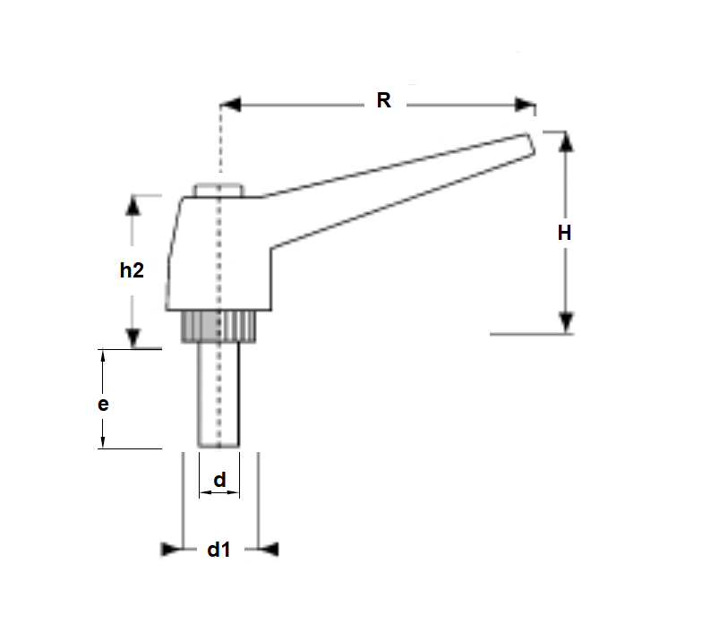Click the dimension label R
click(383, 100)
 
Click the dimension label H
click(564, 233)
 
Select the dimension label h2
click(132, 270)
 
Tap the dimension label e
click(103, 404)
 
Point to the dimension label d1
click(218, 550)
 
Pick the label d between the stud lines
click(218, 481)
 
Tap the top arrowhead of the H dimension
click(565, 142)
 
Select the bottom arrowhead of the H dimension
click(565, 323)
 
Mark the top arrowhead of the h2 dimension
click(133, 205)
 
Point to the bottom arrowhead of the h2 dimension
click(133, 337)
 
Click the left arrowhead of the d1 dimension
click(171, 549)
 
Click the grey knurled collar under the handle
click(219, 328)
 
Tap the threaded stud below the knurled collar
click(218, 394)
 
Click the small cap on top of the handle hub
click(218, 190)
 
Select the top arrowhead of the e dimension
click(104, 355)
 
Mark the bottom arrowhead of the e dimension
click(104, 441)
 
